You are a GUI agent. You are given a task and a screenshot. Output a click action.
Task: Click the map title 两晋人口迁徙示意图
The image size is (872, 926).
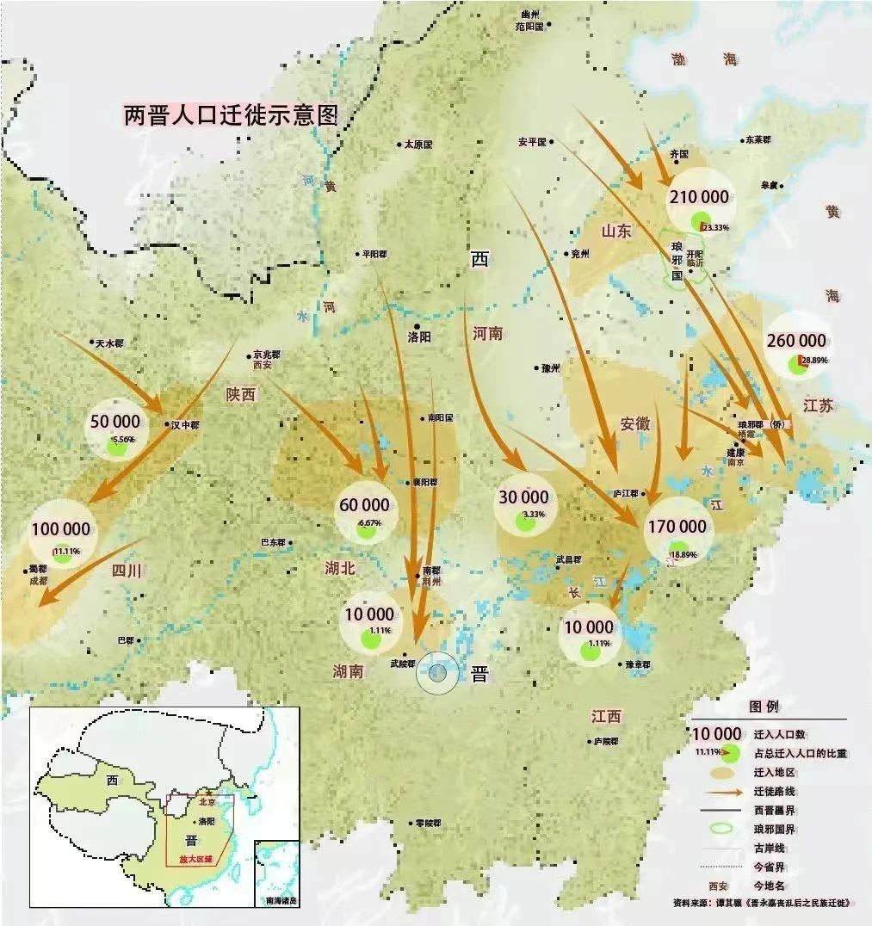(231, 115)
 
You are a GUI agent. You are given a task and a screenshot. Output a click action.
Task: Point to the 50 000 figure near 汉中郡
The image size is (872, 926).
(114, 421)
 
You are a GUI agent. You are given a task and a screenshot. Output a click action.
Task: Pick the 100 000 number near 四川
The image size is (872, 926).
(60, 528)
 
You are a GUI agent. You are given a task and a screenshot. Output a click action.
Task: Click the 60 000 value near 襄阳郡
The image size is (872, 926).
(364, 504)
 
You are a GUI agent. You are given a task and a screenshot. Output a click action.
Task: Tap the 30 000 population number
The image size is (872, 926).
(523, 497)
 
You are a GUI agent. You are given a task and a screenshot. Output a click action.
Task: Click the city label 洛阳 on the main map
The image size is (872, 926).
(419, 337)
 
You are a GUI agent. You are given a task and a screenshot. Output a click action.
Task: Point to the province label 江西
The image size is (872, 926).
(606, 716)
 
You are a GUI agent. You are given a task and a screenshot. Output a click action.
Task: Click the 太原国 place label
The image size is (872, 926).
(418, 145)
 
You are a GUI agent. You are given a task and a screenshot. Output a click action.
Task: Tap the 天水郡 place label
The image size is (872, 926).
(109, 343)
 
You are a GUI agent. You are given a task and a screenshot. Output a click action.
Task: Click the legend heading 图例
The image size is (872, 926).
(764, 706)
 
